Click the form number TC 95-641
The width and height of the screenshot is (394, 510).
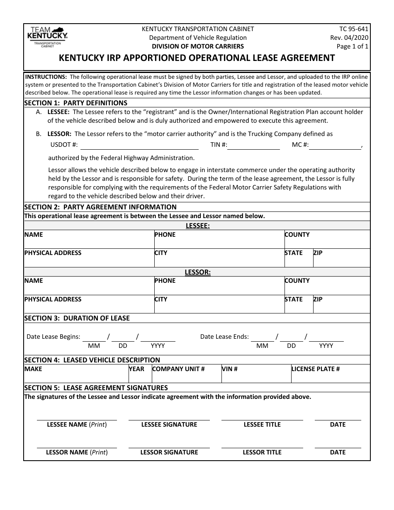click(x=353, y=29)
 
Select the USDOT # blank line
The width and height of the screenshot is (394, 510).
click(x=139, y=146)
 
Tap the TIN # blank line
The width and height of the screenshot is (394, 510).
click(x=253, y=146)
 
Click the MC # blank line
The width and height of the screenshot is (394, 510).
click(x=335, y=146)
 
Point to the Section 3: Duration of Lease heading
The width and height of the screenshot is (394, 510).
click(x=77, y=318)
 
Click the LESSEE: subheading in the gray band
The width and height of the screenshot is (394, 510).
click(x=197, y=226)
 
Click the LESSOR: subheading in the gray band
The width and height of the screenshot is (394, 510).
click(x=197, y=272)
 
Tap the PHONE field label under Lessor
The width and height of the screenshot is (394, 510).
click(x=165, y=281)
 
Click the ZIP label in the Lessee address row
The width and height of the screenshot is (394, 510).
click(x=318, y=253)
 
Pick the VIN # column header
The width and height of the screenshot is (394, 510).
click(x=230, y=369)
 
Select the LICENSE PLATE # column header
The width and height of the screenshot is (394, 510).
click(x=316, y=369)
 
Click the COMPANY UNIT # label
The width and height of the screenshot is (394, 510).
click(x=178, y=369)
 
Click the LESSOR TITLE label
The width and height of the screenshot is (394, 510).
click(x=262, y=452)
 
